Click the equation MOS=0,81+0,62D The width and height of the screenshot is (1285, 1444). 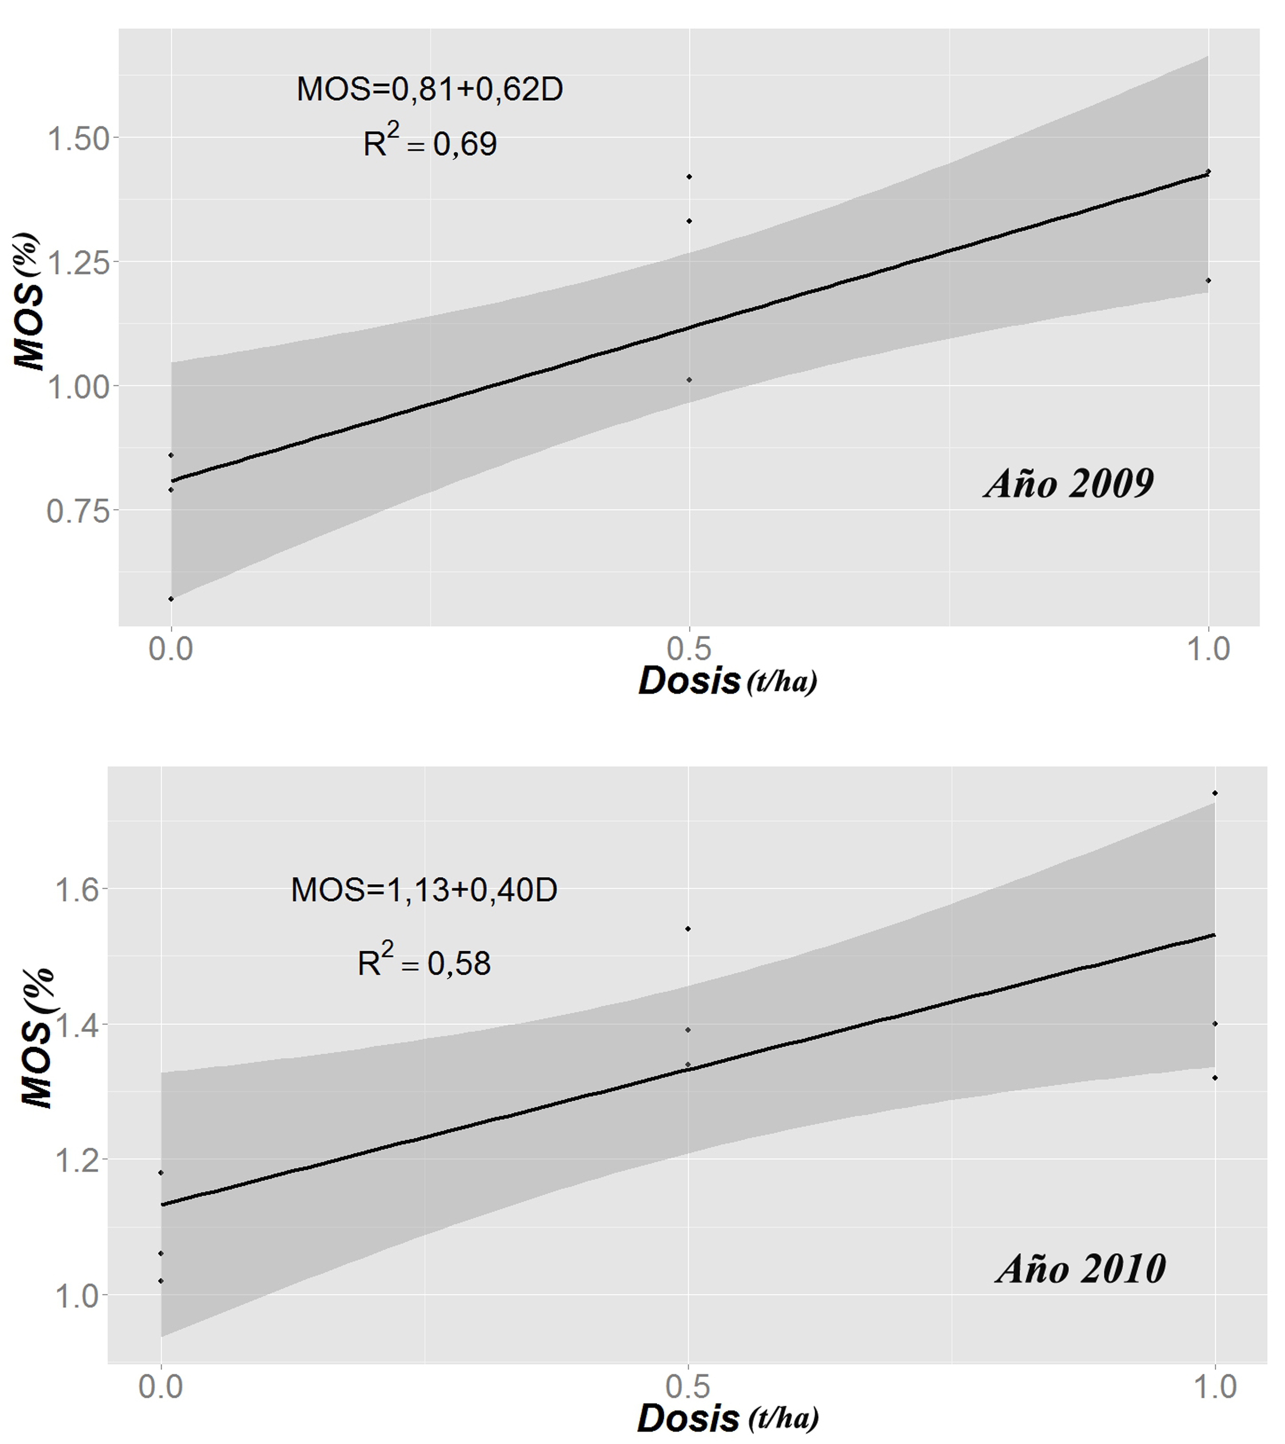tap(429, 90)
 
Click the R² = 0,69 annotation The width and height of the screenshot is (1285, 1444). tap(429, 142)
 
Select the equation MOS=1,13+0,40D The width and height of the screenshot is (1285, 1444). tap(424, 889)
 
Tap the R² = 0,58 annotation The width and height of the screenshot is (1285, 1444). tap(424, 962)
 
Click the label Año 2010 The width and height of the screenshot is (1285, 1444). tap(1081, 1268)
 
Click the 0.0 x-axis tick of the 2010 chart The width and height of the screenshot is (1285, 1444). tap(161, 1387)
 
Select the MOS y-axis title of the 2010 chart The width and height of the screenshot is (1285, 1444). tap(37, 1038)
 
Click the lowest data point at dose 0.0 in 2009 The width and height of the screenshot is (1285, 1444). tap(171, 599)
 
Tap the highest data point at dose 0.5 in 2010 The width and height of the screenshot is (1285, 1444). tap(688, 929)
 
